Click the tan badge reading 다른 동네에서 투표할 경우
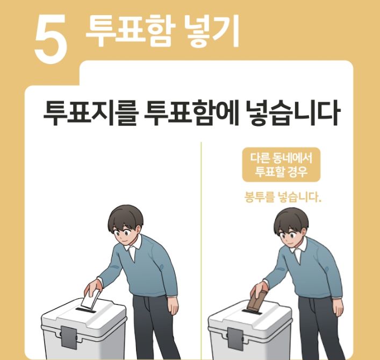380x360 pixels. (x=281, y=165)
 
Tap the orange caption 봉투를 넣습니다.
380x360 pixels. (x=281, y=197)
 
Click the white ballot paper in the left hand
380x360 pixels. (x=91, y=299)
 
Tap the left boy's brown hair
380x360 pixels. (x=125, y=216)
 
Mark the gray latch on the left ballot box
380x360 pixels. (x=68, y=336)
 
